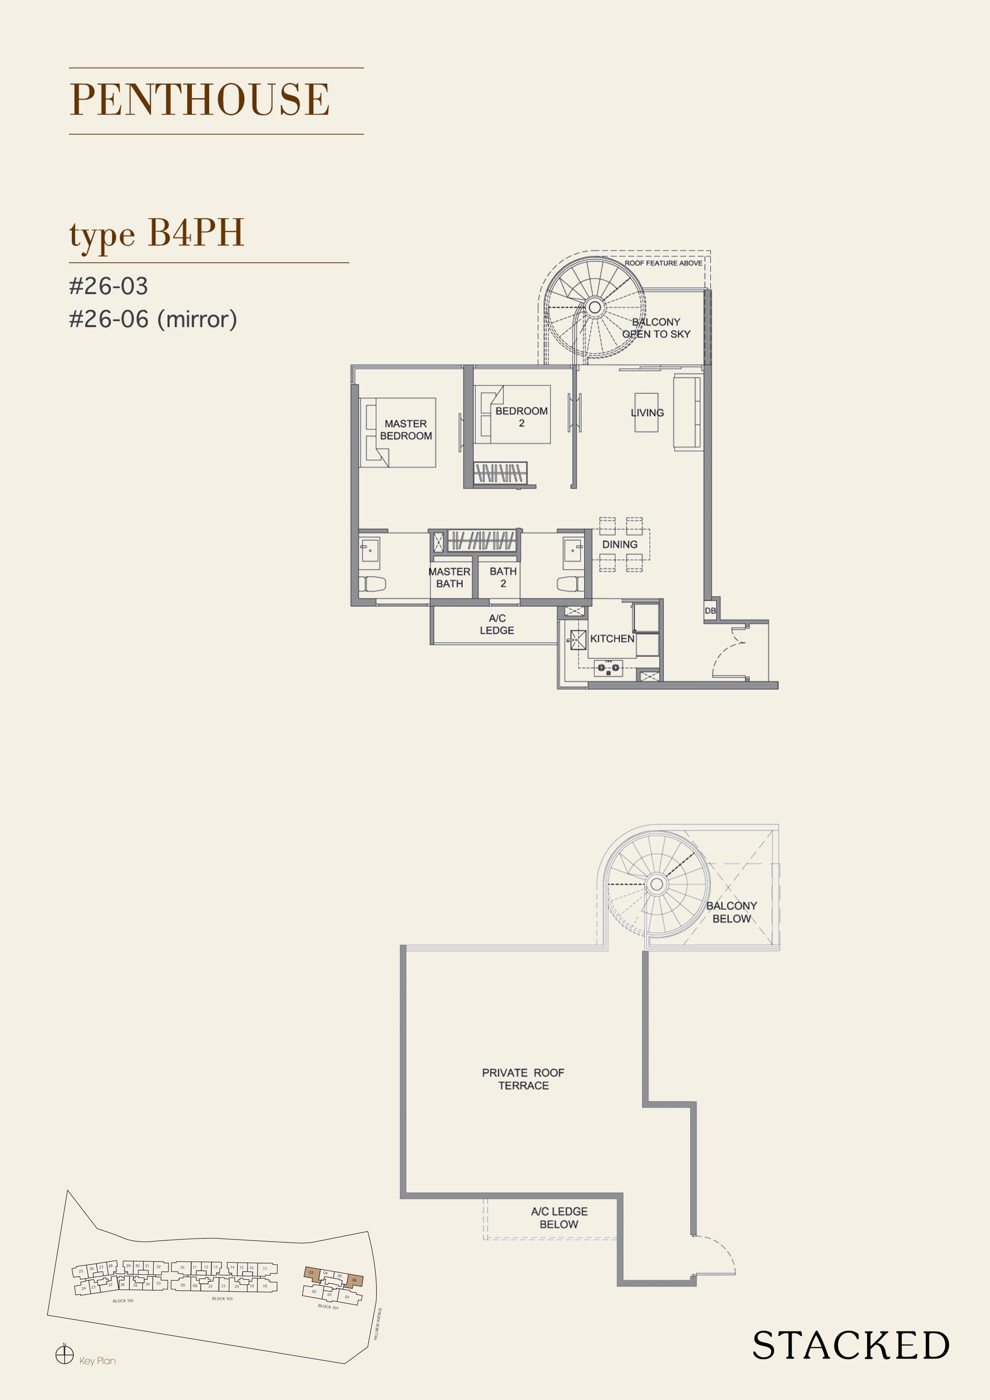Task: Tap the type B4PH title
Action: tap(157, 233)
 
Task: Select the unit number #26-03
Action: tap(109, 286)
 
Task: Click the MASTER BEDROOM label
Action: tap(406, 430)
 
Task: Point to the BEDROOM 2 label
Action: tap(521, 417)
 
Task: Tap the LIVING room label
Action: tap(647, 413)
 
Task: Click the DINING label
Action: tap(620, 544)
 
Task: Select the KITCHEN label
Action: tap(612, 639)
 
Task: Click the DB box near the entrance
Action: tap(710, 610)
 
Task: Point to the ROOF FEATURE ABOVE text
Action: tap(663, 263)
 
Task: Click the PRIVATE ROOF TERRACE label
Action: tap(523, 1079)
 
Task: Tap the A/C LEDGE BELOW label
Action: tap(559, 1218)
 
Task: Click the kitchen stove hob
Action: tap(608, 668)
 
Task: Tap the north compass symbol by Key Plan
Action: tap(64, 1355)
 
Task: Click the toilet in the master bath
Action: tap(372, 584)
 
